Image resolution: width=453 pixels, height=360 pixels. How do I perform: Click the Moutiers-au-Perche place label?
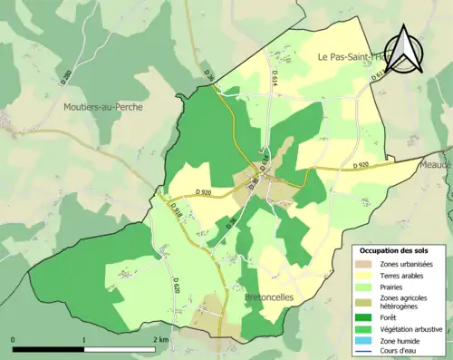pyautogui.click(x=103, y=106)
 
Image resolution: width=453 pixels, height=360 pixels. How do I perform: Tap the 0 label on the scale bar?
pyautogui.click(x=13, y=339)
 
